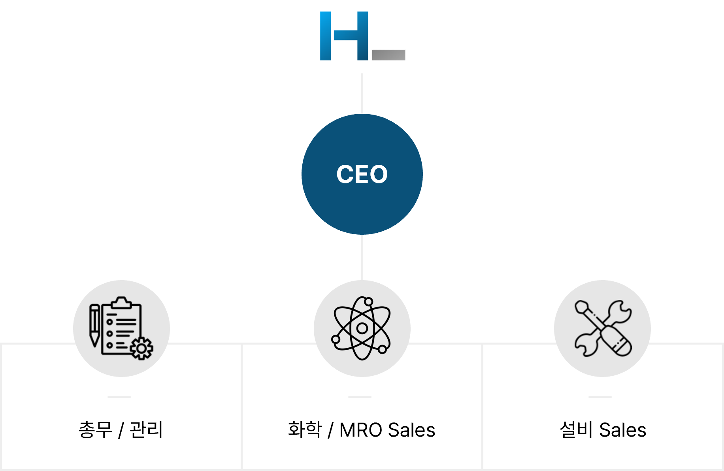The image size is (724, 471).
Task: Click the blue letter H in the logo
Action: click(x=344, y=36)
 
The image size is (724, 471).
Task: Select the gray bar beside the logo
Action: click(x=388, y=55)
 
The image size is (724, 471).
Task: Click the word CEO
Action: click(x=362, y=174)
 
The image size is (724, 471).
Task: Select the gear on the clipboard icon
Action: click(x=141, y=348)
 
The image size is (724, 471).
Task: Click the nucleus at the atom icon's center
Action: click(x=362, y=328)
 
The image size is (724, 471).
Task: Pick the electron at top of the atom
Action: click(x=368, y=302)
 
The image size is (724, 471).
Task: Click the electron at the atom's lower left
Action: click(x=336, y=339)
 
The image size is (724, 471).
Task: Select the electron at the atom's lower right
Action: click(x=382, y=349)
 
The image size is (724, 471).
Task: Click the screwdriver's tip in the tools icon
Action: click(x=581, y=307)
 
